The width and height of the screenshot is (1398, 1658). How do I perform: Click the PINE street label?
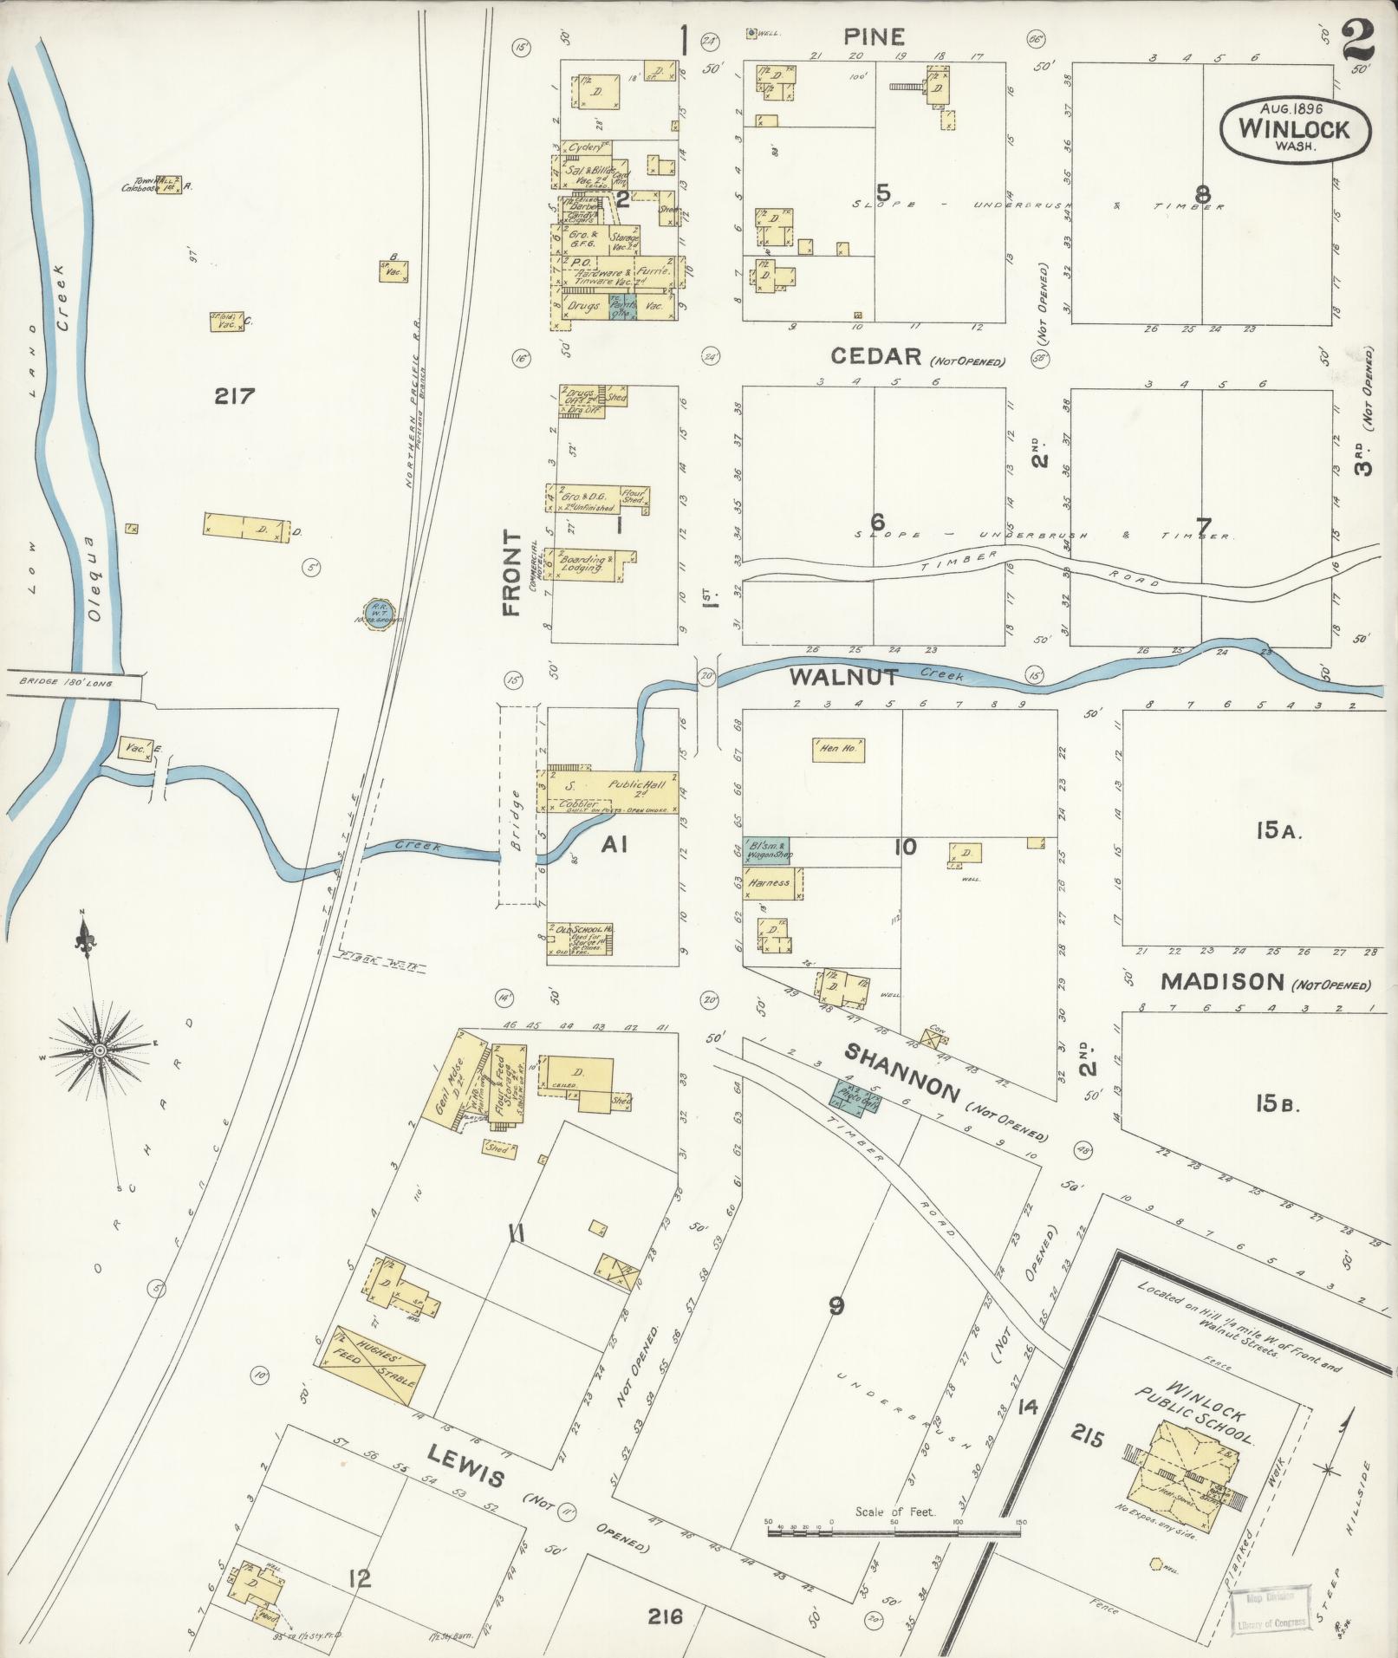[x=875, y=36]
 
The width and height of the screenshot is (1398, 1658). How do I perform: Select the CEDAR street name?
[x=875, y=356]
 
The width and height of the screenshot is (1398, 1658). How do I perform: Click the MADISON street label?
[x=1221, y=981]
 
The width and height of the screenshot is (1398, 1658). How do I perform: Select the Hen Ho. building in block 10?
[x=838, y=748]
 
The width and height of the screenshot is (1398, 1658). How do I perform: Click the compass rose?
[x=100, y=1050]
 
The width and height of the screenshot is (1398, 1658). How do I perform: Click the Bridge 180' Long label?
[x=71, y=683]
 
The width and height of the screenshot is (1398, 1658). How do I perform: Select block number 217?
[x=235, y=397]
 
